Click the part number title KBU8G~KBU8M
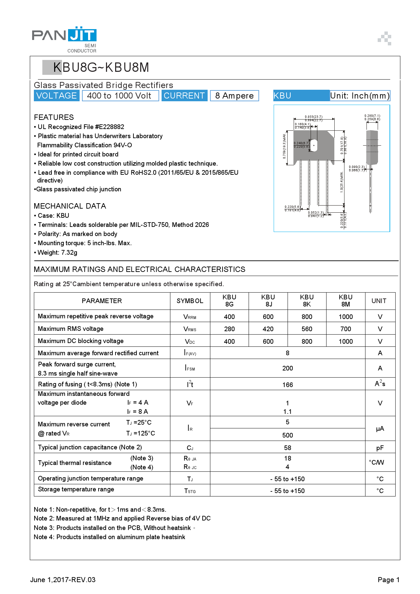point(101,67)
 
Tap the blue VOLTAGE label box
point(57,96)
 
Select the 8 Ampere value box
point(234,96)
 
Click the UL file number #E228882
point(109,127)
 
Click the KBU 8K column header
point(307,301)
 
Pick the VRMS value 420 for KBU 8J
point(268,329)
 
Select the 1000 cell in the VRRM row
point(345,317)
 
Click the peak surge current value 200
point(288,368)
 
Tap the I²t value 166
point(288,385)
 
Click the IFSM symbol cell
point(190,368)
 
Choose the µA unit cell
point(380,429)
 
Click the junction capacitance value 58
point(288,448)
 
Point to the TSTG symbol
point(190,491)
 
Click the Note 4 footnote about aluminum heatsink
point(109,537)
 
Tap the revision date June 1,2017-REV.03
point(63,580)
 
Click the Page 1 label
point(388,580)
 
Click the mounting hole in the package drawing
point(314,145)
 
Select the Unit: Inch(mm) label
point(360,96)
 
